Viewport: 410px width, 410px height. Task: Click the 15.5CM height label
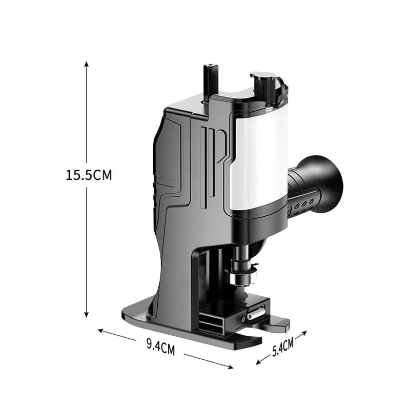[89, 175]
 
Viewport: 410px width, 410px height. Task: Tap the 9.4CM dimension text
[160, 347]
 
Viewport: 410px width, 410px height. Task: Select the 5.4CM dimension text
[283, 347]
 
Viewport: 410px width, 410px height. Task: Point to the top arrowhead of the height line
[87, 64]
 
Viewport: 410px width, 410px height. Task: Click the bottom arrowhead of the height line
[87, 315]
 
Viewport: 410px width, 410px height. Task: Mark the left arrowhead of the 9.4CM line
[101, 331]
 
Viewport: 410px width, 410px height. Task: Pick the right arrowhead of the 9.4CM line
[230, 367]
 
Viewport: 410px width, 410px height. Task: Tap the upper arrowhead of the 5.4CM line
[304, 333]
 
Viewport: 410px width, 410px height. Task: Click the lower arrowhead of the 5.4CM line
[259, 362]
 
